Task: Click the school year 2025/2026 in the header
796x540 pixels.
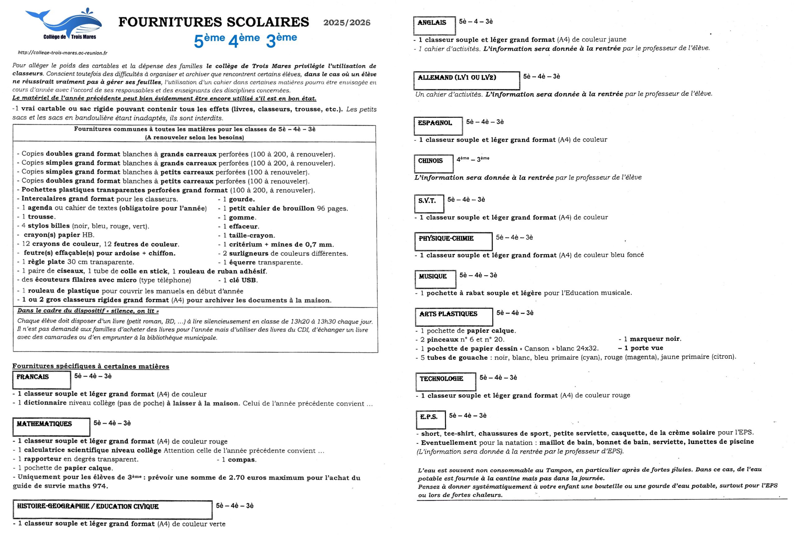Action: click(347, 23)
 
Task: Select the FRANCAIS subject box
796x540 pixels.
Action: click(41, 379)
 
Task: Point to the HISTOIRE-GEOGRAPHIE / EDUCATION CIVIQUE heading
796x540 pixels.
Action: click(112, 509)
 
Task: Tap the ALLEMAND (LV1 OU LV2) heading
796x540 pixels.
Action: click(466, 80)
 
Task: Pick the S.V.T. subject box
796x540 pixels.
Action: click(429, 203)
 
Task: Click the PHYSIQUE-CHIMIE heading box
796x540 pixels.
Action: click(453, 241)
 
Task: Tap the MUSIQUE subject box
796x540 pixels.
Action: click(435, 279)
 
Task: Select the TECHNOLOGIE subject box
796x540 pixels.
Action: click(446, 381)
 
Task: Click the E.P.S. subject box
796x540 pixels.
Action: click(431, 419)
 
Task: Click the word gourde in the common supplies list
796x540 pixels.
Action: click(242, 199)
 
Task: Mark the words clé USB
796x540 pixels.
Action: click(243, 280)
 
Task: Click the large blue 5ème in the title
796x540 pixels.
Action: click(209, 40)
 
